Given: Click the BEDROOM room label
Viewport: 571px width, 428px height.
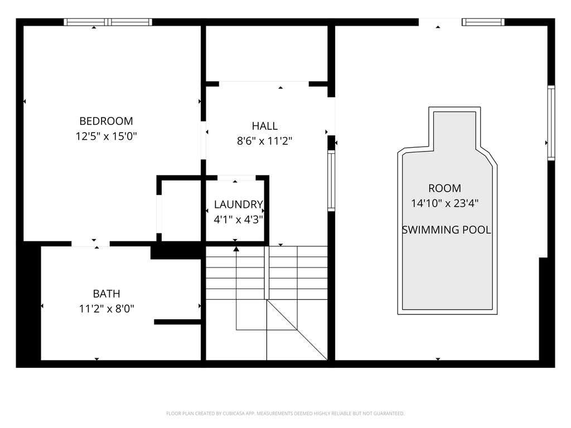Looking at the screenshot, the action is tap(106, 121).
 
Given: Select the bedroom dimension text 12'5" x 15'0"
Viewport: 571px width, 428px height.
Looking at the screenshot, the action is tap(106, 137).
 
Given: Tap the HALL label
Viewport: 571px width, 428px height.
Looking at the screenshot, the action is tap(265, 126).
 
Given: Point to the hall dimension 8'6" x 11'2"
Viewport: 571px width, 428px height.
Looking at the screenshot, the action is tap(265, 141).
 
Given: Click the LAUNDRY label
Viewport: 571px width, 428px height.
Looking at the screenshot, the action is tap(239, 205).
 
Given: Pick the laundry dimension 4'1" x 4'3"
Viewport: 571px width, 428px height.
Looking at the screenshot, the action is tap(239, 220).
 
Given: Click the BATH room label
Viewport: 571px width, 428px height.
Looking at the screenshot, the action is tap(107, 293).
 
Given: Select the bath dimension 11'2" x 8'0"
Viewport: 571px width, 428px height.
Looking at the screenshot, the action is tap(107, 309).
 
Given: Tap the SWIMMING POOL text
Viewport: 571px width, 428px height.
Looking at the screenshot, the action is tap(447, 230).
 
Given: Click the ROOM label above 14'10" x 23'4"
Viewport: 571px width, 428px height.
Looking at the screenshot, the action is tap(444, 188).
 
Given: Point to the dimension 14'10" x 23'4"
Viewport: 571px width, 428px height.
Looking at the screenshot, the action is tap(444, 203).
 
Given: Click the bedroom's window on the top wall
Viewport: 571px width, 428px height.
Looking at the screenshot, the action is tap(108, 22).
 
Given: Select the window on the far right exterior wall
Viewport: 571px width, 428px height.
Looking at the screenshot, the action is tap(551, 123).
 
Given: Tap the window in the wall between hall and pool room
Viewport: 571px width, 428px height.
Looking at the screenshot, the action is tap(331, 181).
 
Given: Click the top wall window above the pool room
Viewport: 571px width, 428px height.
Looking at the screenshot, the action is tap(483, 22).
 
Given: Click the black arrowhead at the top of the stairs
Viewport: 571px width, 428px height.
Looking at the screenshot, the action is tap(236, 249).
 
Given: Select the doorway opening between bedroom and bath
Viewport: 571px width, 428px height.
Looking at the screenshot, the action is tap(91, 244).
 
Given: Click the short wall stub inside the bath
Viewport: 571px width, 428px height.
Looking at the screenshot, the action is tap(178, 322).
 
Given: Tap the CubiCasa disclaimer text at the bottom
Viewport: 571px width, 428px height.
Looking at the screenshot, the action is tap(285, 414).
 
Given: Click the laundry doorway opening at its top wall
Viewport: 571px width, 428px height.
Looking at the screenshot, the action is tap(236, 178).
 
